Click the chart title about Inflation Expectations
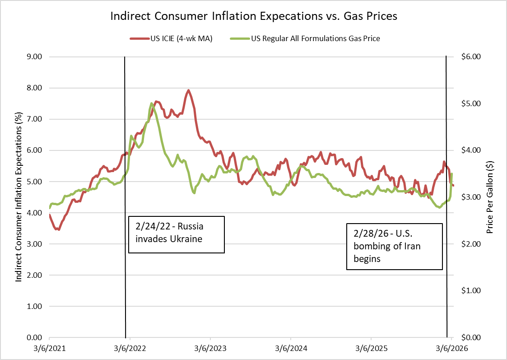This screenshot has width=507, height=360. (254, 17)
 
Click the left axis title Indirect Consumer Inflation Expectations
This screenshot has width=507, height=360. (19, 197)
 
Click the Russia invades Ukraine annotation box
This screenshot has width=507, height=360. (177, 234)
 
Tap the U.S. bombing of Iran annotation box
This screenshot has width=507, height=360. (394, 247)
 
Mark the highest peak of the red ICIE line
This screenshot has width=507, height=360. (188, 90)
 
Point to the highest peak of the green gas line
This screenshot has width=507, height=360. (151, 103)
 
